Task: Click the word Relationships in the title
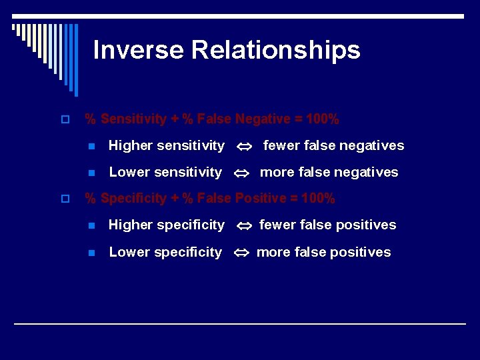tap(275, 50)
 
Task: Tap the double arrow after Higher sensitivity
tap(243, 146)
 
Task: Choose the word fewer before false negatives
tap(281, 145)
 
